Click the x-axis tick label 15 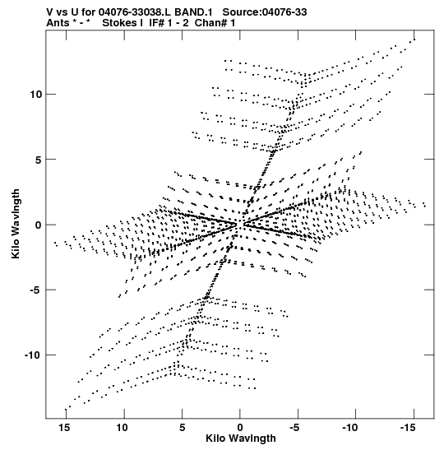[x=64, y=428]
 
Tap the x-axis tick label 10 [x=122, y=428]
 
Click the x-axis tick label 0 [x=240, y=428]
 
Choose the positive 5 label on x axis [x=183, y=428]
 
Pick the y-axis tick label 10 [x=36, y=94]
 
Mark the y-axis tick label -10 [x=32, y=355]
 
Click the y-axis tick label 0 [x=39, y=225]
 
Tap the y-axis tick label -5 [x=35, y=290]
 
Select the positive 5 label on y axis [x=39, y=160]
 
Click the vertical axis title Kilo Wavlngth [x=16, y=224]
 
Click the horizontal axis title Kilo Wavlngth [x=241, y=438]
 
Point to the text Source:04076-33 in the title [x=265, y=12]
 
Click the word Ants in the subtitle [x=58, y=23]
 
